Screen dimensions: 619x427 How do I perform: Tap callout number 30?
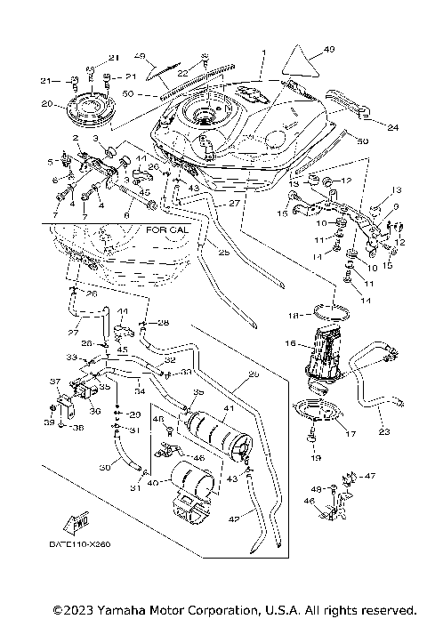click(105, 467)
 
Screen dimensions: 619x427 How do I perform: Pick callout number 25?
click(222, 253)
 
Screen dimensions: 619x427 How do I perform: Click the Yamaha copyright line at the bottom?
click(234, 609)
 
